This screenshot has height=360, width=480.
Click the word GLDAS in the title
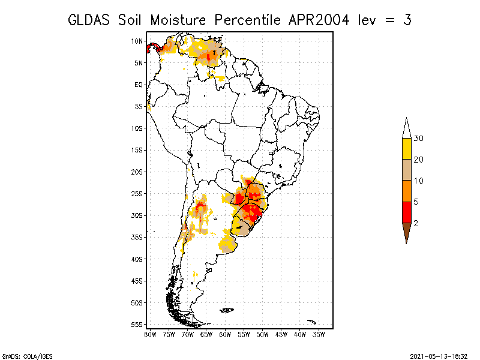pyautogui.click(x=89, y=20)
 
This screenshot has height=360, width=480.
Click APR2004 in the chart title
pyautogui.click(x=319, y=20)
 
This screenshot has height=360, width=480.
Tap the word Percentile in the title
pyautogui.click(x=247, y=20)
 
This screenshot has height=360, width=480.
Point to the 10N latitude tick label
pyautogui.click(x=137, y=41)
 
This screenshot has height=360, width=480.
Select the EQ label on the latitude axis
pyautogui.click(x=139, y=85)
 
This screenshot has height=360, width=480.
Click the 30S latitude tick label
pyautogui.click(x=137, y=215)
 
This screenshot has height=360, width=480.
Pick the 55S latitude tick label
pyautogui.click(x=137, y=325)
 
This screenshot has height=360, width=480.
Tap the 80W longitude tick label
pyautogui.click(x=151, y=335)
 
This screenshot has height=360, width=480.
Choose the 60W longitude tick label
pyautogui.click(x=225, y=335)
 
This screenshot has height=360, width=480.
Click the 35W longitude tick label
pyautogui.click(x=319, y=335)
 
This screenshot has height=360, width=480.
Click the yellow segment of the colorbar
pyautogui.click(x=407, y=149)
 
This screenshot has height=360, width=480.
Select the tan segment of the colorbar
pyautogui.click(x=407, y=170)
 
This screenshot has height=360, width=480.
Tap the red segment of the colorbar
pyautogui.click(x=407, y=212)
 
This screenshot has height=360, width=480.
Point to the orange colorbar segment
pyautogui.click(x=407, y=191)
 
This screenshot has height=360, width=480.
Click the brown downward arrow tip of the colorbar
pyautogui.click(x=407, y=244)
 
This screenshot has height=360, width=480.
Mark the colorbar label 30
pyautogui.click(x=418, y=139)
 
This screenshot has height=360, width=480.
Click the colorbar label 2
pyautogui.click(x=416, y=223)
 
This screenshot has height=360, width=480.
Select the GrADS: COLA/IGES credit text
pyautogui.click(x=28, y=356)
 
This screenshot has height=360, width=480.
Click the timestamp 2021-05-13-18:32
pyautogui.click(x=439, y=356)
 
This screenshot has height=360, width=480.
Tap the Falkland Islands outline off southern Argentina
pyautogui.click(x=227, y=310)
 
